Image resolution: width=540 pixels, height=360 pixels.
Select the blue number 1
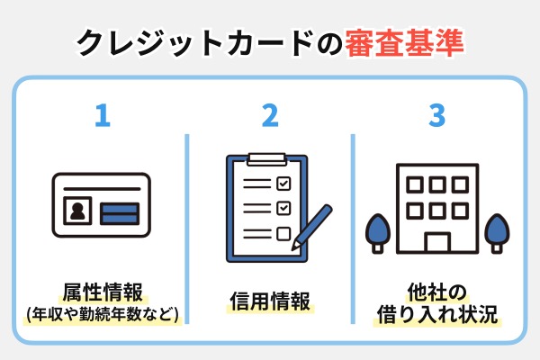[103, 117]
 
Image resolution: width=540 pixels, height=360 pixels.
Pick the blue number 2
[270, 117]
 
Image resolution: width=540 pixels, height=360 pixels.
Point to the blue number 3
[436, 117]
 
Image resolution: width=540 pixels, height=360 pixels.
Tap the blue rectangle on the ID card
[119, 214]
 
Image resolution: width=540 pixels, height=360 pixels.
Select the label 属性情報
[103, 292]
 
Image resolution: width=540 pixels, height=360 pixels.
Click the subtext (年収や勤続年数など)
[103, 315]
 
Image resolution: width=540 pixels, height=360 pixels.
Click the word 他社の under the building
[436, 292]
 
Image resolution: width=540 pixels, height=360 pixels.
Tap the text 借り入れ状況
[436, 316]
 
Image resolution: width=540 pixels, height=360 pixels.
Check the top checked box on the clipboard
[283, 183]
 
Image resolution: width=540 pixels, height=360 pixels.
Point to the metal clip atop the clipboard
[265, 159]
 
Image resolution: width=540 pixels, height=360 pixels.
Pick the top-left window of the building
[415, 184]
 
